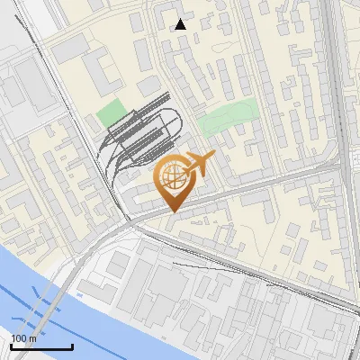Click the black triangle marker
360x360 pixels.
(181, 24)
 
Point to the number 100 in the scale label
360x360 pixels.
(20, 338)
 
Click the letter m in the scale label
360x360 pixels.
(33, 338)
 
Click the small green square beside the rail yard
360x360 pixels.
(111, 113)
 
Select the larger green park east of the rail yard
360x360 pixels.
(229, 119)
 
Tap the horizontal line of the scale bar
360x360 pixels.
(40, 346)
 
